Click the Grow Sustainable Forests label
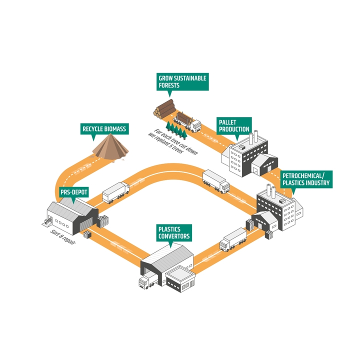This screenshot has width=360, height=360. tap(182, 81)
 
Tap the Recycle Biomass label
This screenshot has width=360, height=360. tap(104, 129)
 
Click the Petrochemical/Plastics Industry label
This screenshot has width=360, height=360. tap(305, 179)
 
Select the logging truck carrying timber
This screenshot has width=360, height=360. tap(189, 121)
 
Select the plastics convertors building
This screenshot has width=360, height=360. tap(170, 265)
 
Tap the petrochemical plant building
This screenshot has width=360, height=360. tap(278, 207)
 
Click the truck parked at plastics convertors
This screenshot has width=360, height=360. tap(146, 281)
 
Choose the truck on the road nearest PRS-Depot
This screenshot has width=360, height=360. tap(115, 192)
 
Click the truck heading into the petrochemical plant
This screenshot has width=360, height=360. tap(233, 239)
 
